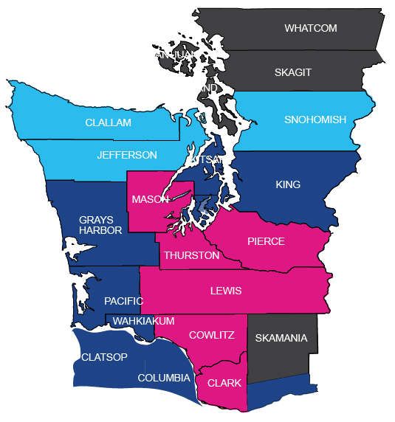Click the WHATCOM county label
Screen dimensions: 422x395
310,28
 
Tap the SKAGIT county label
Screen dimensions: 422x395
293,72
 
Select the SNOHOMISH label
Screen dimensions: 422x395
315,120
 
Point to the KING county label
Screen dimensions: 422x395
288,184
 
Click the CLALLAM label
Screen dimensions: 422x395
108,122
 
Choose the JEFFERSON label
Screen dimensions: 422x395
128,155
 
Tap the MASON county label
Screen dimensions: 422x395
150,200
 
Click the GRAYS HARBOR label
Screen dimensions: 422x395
100,225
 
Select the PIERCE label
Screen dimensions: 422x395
266,241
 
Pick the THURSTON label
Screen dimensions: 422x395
191,255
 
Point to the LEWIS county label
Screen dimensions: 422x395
226,291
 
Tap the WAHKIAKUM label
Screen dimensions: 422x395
143,321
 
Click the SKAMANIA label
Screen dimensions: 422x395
281,339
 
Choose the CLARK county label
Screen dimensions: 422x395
224,383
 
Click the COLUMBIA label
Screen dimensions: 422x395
164,378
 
